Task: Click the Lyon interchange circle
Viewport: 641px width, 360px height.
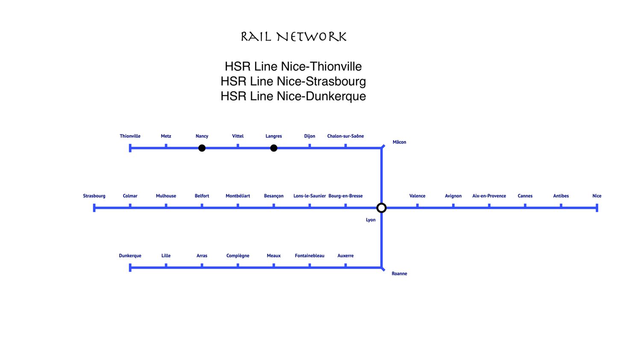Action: click(x=382, y=208)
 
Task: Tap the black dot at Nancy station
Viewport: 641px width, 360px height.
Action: click(x=202, y=148)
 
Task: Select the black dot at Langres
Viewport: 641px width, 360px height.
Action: click(x=273, y=148)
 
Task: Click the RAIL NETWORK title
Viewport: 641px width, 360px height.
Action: click(x=293, y=37)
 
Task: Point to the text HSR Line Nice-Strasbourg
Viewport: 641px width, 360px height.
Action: click(x=293, y=81)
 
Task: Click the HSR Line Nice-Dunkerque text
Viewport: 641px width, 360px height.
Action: click(x=293, y=96)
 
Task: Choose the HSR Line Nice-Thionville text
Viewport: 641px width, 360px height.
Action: click(x=293, y=66)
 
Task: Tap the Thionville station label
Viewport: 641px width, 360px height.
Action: click(x=130, y=136)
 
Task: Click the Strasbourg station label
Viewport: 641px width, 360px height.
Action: click(x=94, y=196)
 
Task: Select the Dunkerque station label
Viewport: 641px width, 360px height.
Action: click(x=130, y=256)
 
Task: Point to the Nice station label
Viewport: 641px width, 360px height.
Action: click(x=597, y=196)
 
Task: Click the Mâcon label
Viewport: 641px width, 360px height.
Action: click(x=399, y=142)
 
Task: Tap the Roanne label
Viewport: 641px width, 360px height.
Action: click(x=399, y=274)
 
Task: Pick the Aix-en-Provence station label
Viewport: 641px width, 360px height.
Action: click(x=489, y=196)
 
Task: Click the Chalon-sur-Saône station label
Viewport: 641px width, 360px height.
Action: click(x=345, y=136)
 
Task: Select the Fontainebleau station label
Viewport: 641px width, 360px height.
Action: click(x=309, y=256)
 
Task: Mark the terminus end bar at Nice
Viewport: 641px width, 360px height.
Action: click(x=597, y=208)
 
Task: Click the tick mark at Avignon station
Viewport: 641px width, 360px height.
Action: click(x=453, y=206)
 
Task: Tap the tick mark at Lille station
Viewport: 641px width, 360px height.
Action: click(x=166, y=266)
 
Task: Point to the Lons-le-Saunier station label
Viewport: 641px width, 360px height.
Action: click(x=309, y=196)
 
